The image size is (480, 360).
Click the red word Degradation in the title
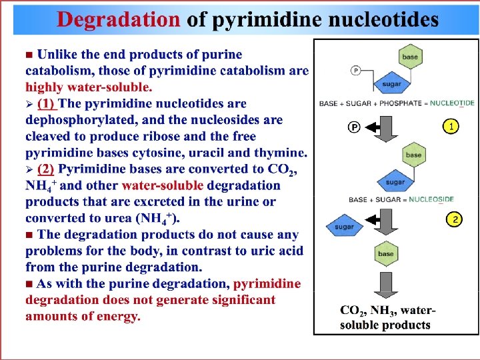[117, 19]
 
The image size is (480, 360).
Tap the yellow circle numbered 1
[452, 126]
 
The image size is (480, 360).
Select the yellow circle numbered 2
[454, 219]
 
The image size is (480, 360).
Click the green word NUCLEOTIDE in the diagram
[451, 103]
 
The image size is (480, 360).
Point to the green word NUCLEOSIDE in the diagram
[431, 199]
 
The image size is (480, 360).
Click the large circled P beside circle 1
[355, 127]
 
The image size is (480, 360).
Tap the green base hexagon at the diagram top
[410, 57]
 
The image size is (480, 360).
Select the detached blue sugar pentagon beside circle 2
[344, 227]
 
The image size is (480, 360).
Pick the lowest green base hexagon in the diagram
[385, 254]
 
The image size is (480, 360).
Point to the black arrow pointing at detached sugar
[378, 219]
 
